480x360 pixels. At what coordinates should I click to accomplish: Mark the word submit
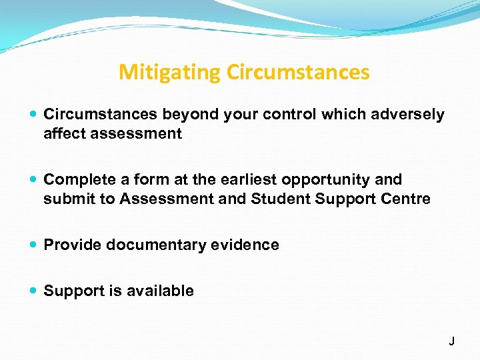65,199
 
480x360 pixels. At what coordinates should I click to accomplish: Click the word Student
278,199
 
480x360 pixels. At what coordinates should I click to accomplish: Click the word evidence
246,245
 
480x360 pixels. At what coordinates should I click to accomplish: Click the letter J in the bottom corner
451,341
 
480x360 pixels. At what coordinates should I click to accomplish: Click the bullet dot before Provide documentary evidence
34,245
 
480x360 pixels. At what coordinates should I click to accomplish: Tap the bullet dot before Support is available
34,291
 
